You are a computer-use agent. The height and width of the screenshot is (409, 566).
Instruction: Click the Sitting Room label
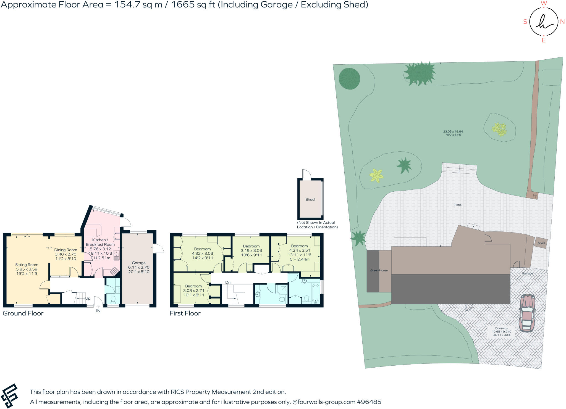(x=27, y=265)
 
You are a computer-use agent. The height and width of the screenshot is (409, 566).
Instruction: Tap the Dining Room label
(x=65, y=250)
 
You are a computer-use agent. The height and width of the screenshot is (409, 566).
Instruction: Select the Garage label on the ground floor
(x=139, y=263)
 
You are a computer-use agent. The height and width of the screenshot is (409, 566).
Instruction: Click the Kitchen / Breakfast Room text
(x=100, y=242)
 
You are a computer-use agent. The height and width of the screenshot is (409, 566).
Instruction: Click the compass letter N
(x=562, y=22)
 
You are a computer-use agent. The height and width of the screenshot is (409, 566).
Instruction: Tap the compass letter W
(x=544, y=3)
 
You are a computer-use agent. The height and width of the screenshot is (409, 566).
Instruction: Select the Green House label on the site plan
(x=379, y=270)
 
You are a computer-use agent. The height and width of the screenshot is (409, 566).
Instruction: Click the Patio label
(x=458, y=205)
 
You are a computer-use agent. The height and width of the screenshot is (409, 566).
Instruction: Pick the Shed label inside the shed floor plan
(x=310, y=199)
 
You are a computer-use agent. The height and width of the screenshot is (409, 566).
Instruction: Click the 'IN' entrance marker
(x=98, y=311)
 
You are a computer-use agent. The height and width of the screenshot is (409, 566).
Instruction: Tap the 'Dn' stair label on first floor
(x=228, y=282)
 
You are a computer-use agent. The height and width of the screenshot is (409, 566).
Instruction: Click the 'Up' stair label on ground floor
(x=88, y=298)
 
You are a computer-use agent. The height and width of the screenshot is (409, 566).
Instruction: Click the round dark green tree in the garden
(x=349, y=78)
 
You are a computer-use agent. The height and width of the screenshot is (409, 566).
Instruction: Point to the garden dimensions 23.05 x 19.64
(x=453, y=131)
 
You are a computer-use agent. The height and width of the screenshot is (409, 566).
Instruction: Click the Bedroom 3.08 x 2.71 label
(x=193, y=286)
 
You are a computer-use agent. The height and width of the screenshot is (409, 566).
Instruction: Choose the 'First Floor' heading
(x=185, y=313)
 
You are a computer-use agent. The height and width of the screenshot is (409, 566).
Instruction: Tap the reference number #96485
(x=369, y=402)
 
